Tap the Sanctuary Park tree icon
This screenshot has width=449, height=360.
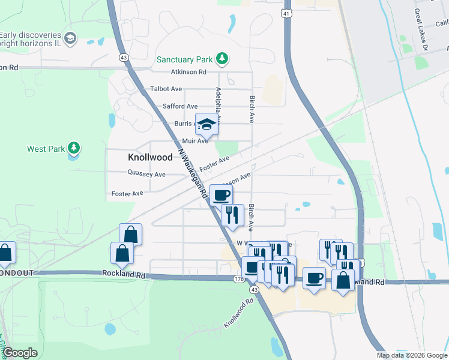(223, 58)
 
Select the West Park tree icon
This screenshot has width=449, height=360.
(74, 148)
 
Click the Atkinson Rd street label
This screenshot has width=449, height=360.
(188, 72)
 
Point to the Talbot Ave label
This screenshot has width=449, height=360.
(166, 89)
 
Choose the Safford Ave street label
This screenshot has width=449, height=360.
(180, 106)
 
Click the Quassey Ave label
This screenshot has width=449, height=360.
(146, 174)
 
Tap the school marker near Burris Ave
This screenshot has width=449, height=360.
(206, 124)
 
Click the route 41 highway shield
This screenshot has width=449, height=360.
(287, 13)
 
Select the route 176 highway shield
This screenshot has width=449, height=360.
(238, 279)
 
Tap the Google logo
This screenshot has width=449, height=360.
(20, 353)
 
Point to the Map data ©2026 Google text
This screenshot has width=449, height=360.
(412, 355)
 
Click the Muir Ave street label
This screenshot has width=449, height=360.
(195, 141)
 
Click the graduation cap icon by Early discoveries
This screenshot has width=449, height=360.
(70, 38)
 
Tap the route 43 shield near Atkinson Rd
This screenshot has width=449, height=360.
(123, 57)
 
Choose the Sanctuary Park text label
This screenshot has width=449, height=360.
(185, 59)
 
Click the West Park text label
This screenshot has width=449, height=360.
(45, 149)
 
